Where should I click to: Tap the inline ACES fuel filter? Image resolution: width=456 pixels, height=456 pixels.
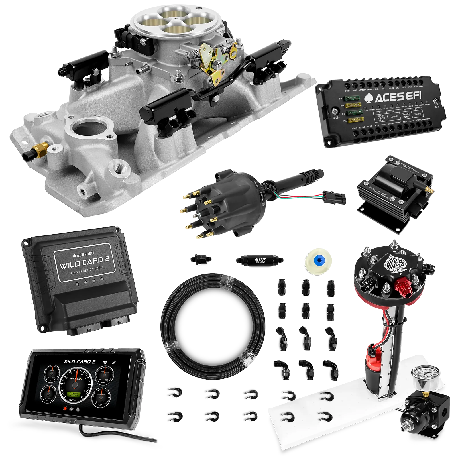(259, 260)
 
